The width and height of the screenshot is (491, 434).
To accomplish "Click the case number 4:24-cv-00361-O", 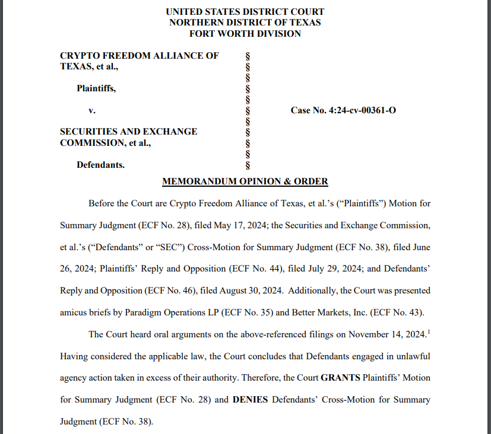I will click(x=343, y=110).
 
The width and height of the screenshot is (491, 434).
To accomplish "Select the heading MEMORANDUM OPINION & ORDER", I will click(x=245, y=181).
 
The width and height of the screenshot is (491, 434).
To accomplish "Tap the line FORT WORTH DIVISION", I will click(x=245, y=34).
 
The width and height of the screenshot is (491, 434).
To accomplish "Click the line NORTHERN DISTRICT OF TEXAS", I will click(x=245, y=23).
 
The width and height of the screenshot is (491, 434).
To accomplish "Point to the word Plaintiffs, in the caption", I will click(x=96, y=88).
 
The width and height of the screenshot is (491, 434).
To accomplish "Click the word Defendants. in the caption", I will click(x=100, y=165).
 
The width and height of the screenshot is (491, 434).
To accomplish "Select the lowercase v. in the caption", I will click(x=92, y=110).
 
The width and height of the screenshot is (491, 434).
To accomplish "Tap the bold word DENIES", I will click(x=250, y=400).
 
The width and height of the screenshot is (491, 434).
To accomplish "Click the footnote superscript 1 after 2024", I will click(x=428, y=331).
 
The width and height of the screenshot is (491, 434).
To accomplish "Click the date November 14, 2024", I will click(x=387, y=334).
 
